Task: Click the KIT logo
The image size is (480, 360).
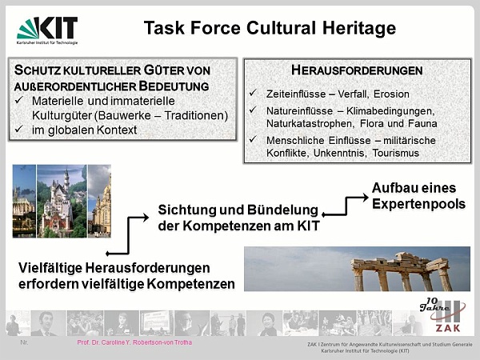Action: point(47,30)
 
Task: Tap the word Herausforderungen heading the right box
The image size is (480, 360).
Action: point(357,70)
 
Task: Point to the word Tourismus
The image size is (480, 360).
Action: point(395,153)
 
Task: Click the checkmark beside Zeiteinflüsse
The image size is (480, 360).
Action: point(253,93)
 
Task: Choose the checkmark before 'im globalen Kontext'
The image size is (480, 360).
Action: point(19,129)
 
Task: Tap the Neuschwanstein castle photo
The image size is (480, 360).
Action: point(62,201)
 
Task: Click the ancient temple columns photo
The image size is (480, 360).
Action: point(357,269)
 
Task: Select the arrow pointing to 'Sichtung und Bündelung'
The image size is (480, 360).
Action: point(128,235)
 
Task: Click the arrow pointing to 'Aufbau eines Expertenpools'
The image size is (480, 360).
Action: point(346,206)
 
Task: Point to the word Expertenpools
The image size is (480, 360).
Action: point(418,204)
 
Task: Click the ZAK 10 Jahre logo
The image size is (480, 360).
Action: point(442,314)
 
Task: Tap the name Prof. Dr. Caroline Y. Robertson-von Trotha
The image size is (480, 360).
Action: point(134,342)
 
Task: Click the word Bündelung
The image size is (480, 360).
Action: point(282,210)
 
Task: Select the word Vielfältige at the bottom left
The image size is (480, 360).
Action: point(50,268)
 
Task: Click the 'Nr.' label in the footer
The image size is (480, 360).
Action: point(24,342)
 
